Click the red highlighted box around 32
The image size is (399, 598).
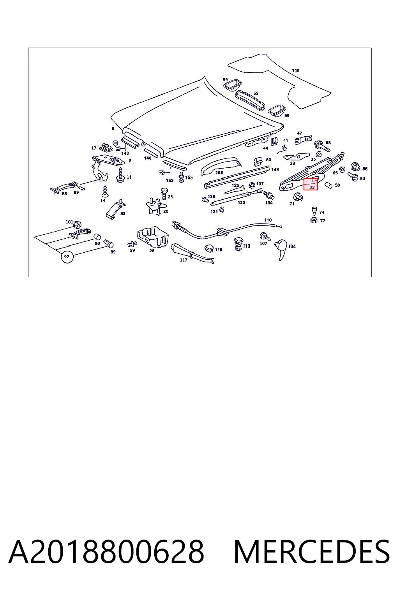tap(311, 184)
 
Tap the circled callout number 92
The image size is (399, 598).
tap(67, 257)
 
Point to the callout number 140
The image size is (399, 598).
tap(296, 70)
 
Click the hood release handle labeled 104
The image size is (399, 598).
tap(281, 249)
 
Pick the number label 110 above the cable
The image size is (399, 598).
tap(268, 220)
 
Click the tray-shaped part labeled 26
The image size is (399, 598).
tap(152, 237)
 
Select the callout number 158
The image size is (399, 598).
tap(219, 172)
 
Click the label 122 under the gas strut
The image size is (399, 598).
tap(241, 202)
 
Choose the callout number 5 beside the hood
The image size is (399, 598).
tap(113, 129)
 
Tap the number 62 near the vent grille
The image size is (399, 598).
tap(256, 93)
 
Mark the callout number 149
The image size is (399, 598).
tap(275, 169)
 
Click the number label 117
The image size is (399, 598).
tap(184, 260)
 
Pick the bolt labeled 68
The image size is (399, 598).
tap(321, 146)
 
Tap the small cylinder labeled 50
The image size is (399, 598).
tap(328, 185)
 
